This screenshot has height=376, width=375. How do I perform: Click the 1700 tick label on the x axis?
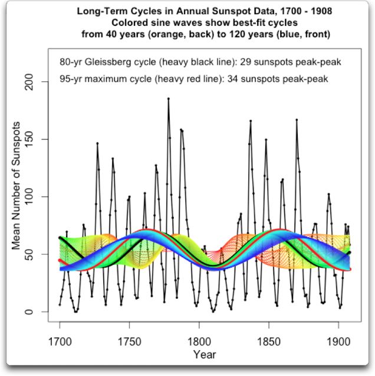[x=60, y=341]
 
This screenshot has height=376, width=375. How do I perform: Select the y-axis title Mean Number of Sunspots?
[x=18, y=185]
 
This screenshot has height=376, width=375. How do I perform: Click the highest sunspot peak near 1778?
[x=168, y=99]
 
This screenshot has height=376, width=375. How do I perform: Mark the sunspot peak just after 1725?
[x=97, y=143]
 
